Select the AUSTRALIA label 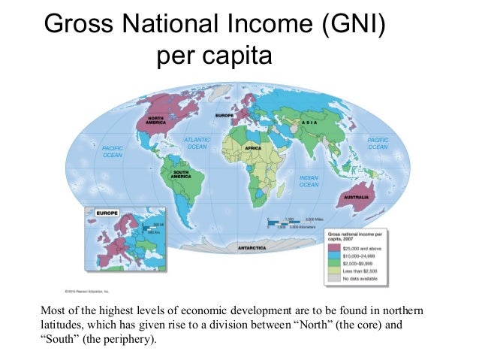(355, 199)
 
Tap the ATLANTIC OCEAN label (197, 143)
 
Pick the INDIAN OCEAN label (308, 181)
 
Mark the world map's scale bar (288, 223)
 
